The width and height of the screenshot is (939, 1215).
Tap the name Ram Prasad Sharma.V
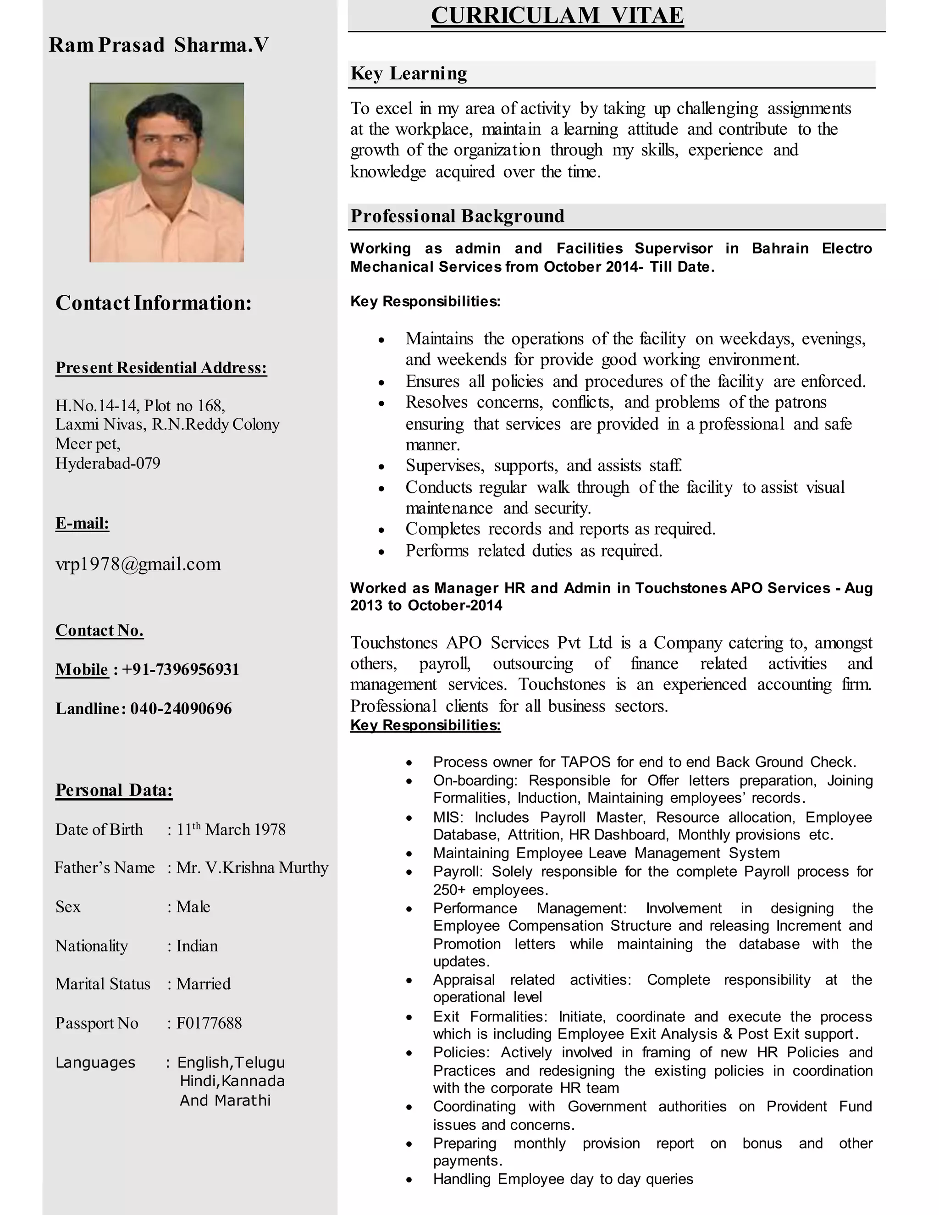(159, 45)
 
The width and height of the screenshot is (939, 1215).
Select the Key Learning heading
(409, 74)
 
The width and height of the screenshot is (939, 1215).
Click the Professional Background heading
(457, 216)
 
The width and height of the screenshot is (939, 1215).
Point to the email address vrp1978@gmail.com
(138, 564)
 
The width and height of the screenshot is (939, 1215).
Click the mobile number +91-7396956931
(180, 669)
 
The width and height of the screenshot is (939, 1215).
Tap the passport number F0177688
(209, 1023)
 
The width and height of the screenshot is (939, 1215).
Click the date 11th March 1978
(231, 829)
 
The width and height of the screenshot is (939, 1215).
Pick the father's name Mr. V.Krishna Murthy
(252, 868)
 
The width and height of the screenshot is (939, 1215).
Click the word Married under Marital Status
(203, 984)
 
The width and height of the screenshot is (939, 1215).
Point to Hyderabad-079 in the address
(108, 464)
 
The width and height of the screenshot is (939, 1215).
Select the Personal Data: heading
(114, 790)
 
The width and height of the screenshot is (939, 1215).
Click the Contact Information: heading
(154, 303)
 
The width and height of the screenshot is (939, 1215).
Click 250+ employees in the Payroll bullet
(491, 890)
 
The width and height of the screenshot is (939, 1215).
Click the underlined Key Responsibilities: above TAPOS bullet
(425, 725)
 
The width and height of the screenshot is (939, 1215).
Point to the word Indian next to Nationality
(197, 946)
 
